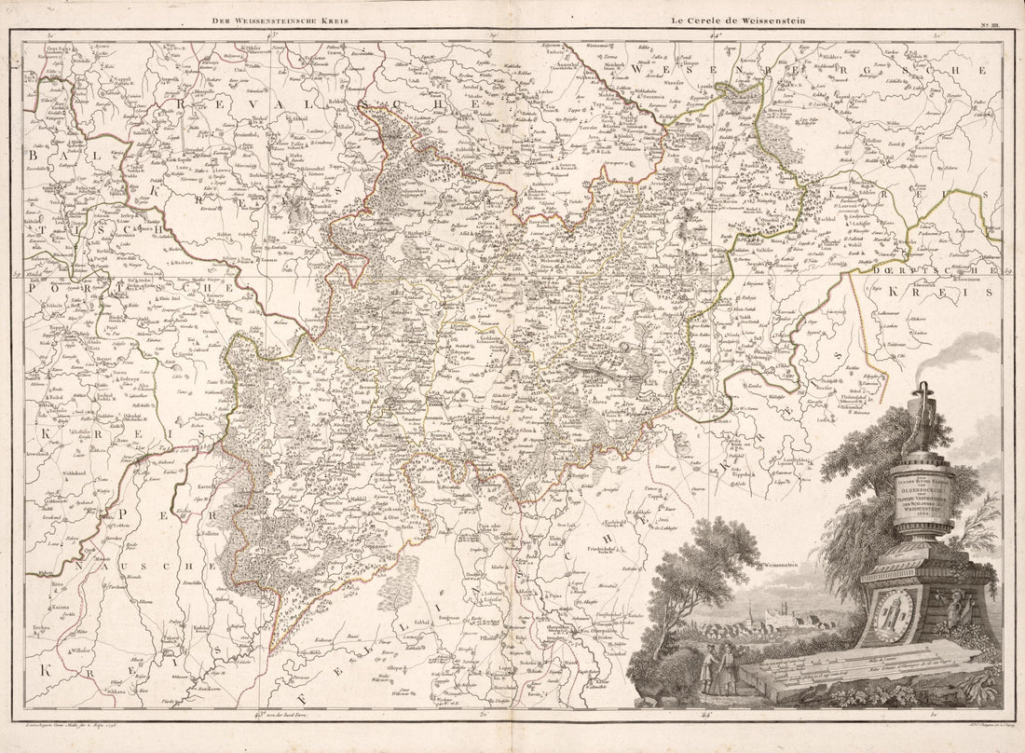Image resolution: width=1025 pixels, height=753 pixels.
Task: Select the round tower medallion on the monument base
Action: (x=893, y=612)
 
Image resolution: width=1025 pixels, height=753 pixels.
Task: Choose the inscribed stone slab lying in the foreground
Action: (x=867, y=669)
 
